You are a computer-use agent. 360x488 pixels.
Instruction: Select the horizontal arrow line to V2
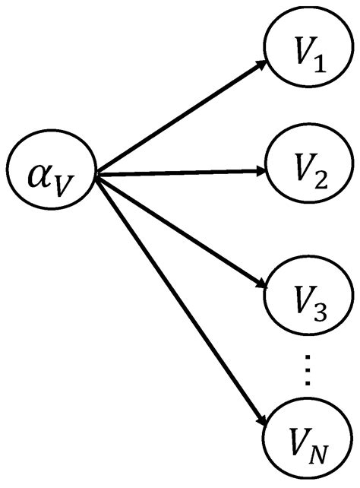coord(182,173)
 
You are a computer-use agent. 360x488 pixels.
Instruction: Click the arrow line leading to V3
coord(182,232)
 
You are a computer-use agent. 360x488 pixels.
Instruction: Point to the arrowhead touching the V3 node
coord(262,286)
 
